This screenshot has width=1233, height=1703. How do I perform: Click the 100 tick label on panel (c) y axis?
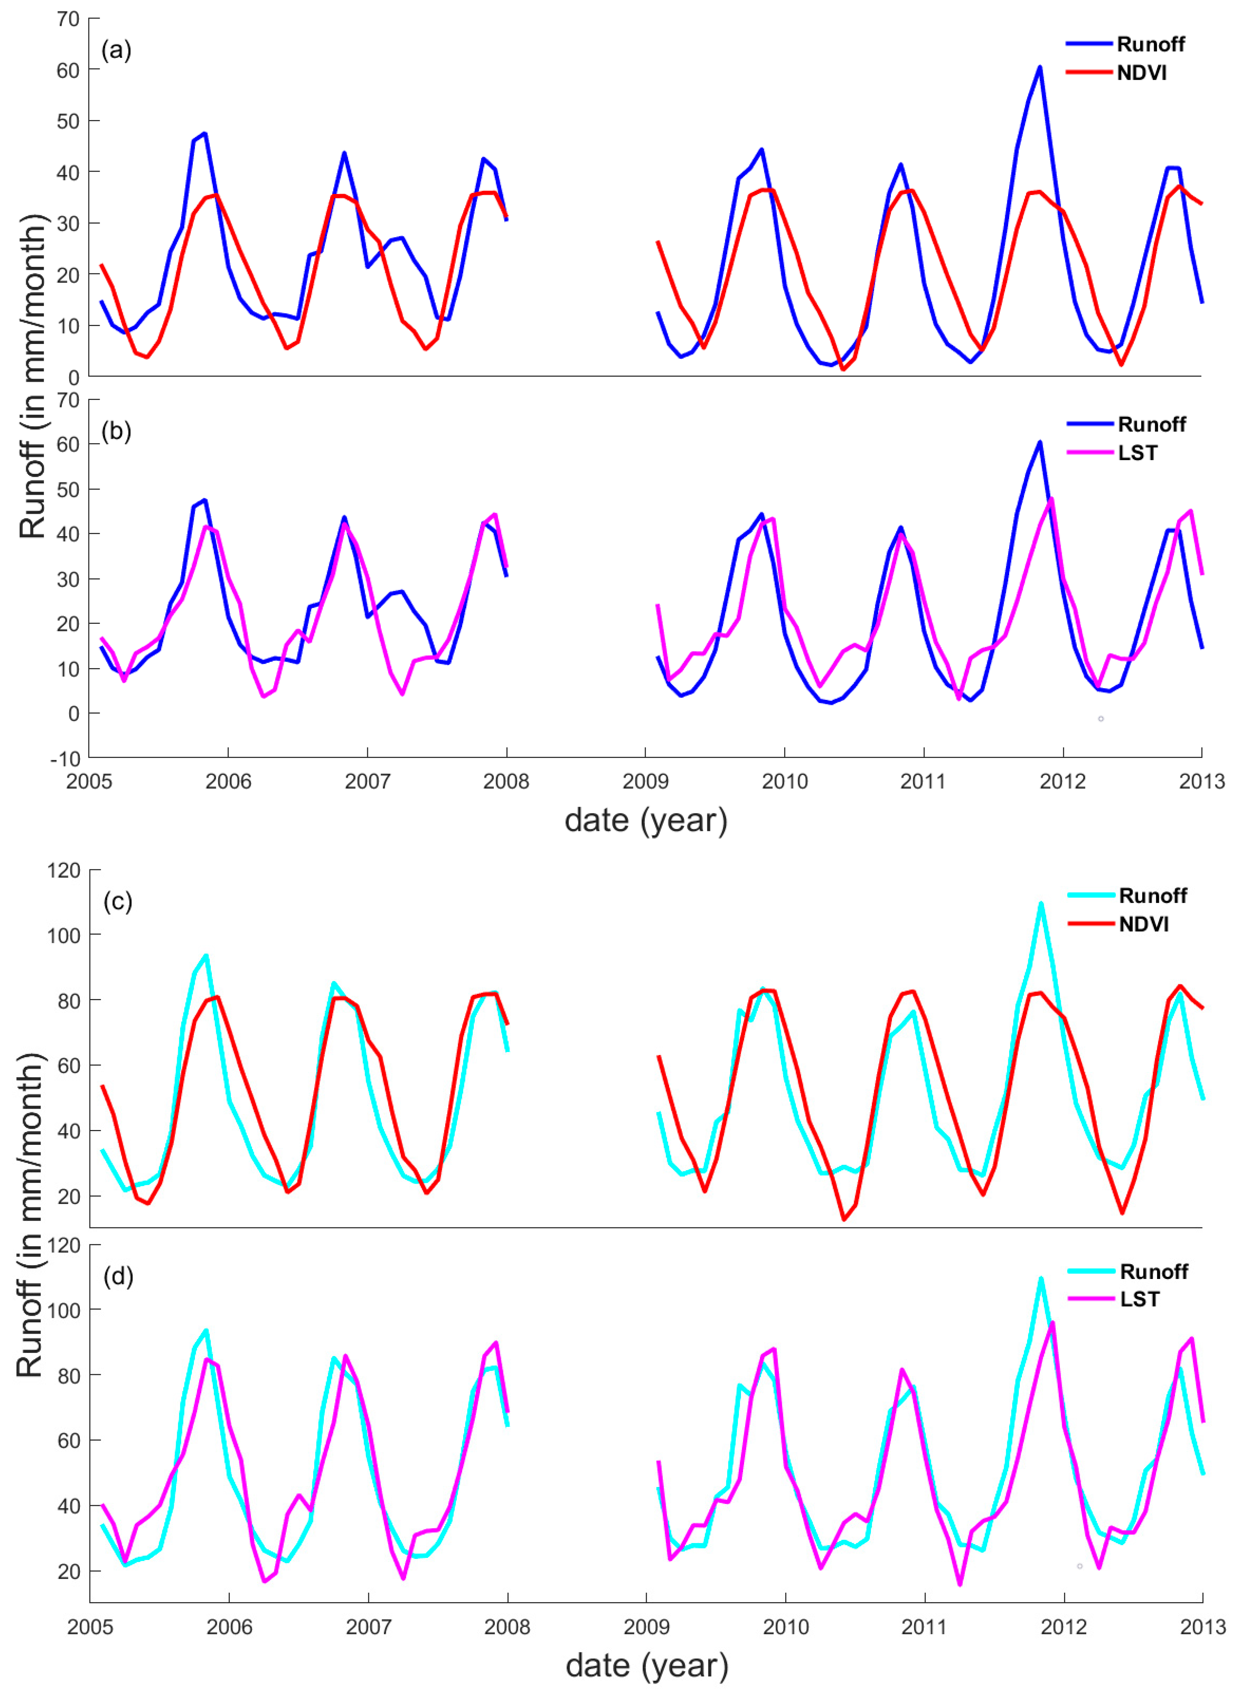(x=64, y=936)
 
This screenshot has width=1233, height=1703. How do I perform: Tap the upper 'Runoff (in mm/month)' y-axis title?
(x=32, y=376)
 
